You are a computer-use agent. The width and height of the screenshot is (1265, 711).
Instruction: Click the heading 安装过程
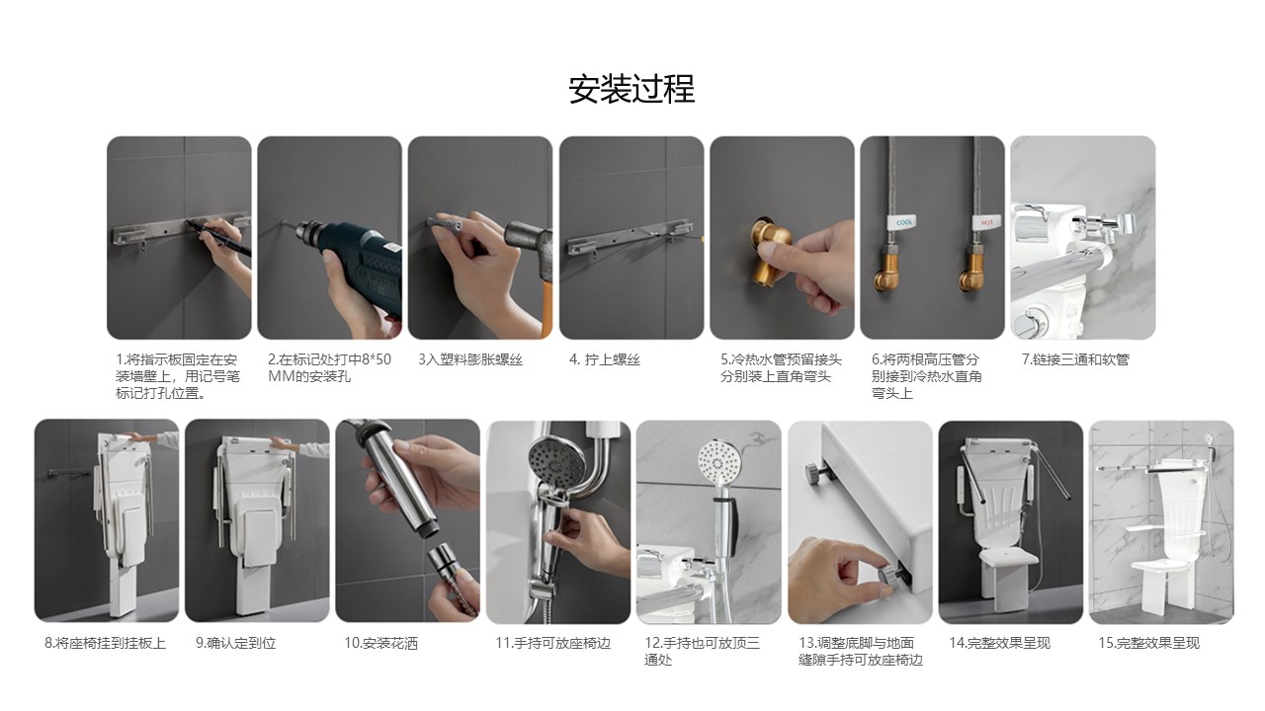coord(632,89)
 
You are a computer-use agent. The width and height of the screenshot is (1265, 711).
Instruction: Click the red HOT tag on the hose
coord(986,222)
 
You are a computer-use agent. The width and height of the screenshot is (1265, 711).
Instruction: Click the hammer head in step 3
coord(528,242)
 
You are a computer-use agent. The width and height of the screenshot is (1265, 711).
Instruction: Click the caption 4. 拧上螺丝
coord(604,359)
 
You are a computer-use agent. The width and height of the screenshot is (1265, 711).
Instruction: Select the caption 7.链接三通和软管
coord(1075,359)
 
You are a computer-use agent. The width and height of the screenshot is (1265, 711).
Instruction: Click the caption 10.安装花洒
coord(381,643)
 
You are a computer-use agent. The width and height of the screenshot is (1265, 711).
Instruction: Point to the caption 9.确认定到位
coord(235,643)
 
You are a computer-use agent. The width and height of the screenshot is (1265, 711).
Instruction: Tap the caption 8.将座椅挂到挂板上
coord(105,643)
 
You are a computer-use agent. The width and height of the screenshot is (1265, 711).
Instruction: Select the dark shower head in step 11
coord(556,465)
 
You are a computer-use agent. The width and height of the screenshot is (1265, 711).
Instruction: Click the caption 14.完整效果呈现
coord(999,643)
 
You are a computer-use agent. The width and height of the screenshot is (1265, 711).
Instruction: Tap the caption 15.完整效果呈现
coord(1148,643)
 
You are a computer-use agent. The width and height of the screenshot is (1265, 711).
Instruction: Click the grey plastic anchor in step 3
coord(445,224)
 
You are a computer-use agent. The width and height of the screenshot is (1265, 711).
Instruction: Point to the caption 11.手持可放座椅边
coord(552,643)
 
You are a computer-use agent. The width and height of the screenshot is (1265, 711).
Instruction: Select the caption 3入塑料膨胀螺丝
coord(469,359)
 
